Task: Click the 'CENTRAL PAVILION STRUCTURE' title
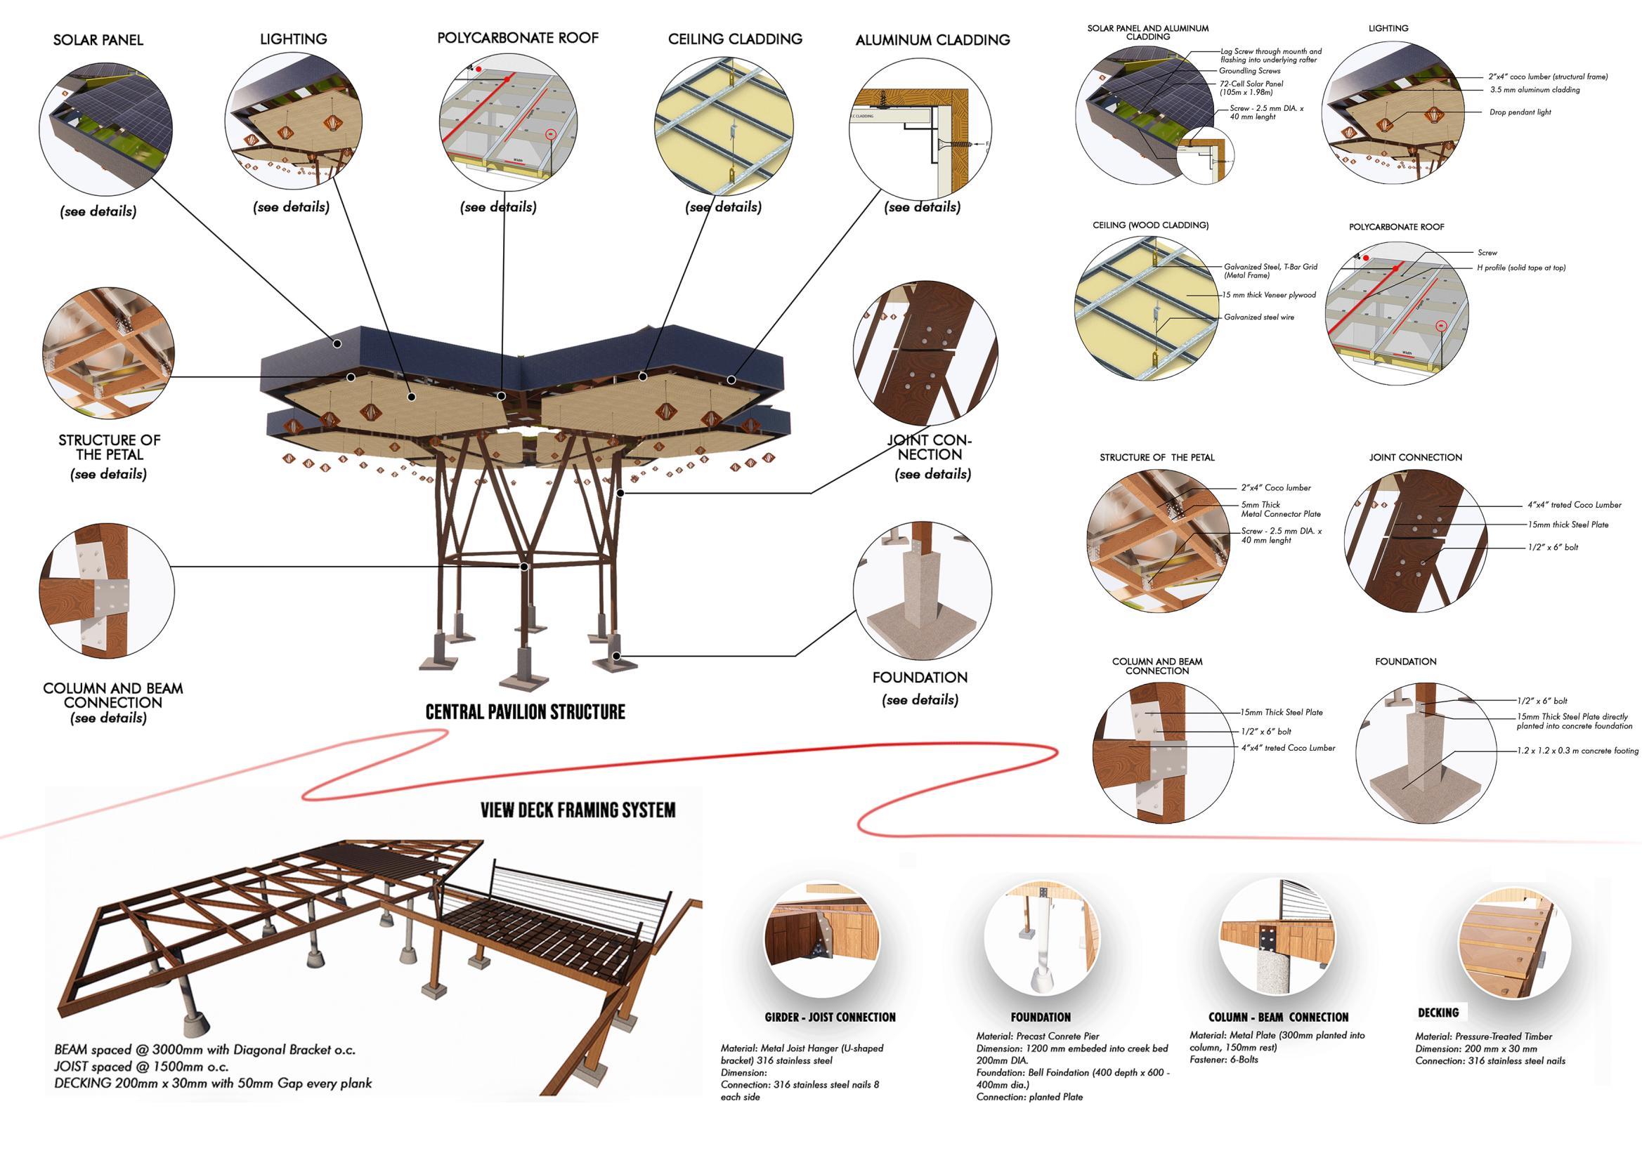(x=525, y=712)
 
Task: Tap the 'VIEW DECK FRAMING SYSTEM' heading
(x=578, y=810)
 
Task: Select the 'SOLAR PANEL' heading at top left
(x=98, y=40)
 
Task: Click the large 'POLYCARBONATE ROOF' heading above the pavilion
(x=517, y=38)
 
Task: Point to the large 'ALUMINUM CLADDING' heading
(x=932, y=40)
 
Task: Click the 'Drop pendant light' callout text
(x=1520, y=112)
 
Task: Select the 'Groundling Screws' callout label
(x=1249, y=71)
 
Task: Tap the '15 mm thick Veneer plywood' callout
(x=1270, y=295)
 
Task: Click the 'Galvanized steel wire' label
(x=1259, y=317)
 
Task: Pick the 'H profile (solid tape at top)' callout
(x=1520, y=268)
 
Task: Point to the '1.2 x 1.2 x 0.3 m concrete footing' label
(x=1577, y=751)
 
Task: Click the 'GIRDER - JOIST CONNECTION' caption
(x=830, y=1018)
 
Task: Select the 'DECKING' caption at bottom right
(x=1438, y=1013)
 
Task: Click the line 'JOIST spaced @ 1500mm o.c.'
(x=141, y=1067)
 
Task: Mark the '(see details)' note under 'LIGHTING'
(x=291, y=207)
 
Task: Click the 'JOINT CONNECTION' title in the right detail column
(x=1415, y=458)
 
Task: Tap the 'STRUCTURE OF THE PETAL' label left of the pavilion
(x=109, y=447)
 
